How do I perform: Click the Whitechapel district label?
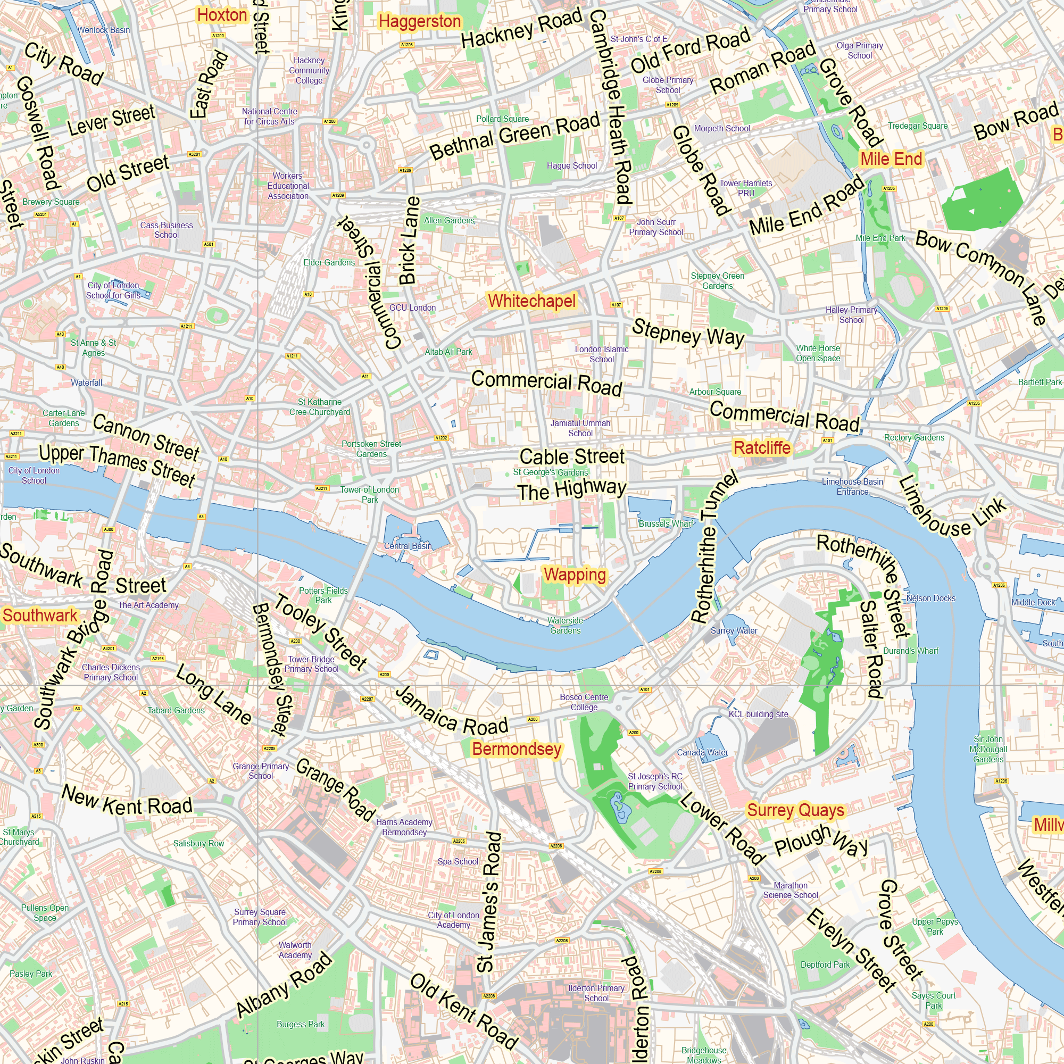531,301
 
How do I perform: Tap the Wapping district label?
575,575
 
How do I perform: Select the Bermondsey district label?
516,749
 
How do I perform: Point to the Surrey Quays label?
795,810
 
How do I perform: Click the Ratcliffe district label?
762,448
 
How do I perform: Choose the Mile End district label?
891,159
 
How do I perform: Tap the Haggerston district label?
420,21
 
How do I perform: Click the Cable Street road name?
572,456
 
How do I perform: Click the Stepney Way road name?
687,331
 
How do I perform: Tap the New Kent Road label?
127,801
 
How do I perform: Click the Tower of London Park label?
370,495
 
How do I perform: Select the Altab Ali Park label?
448,352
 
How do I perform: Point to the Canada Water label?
702,752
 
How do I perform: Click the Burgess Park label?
300,1024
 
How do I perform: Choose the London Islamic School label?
601,354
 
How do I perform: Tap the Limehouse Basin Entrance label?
852,486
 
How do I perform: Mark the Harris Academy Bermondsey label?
404,827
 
